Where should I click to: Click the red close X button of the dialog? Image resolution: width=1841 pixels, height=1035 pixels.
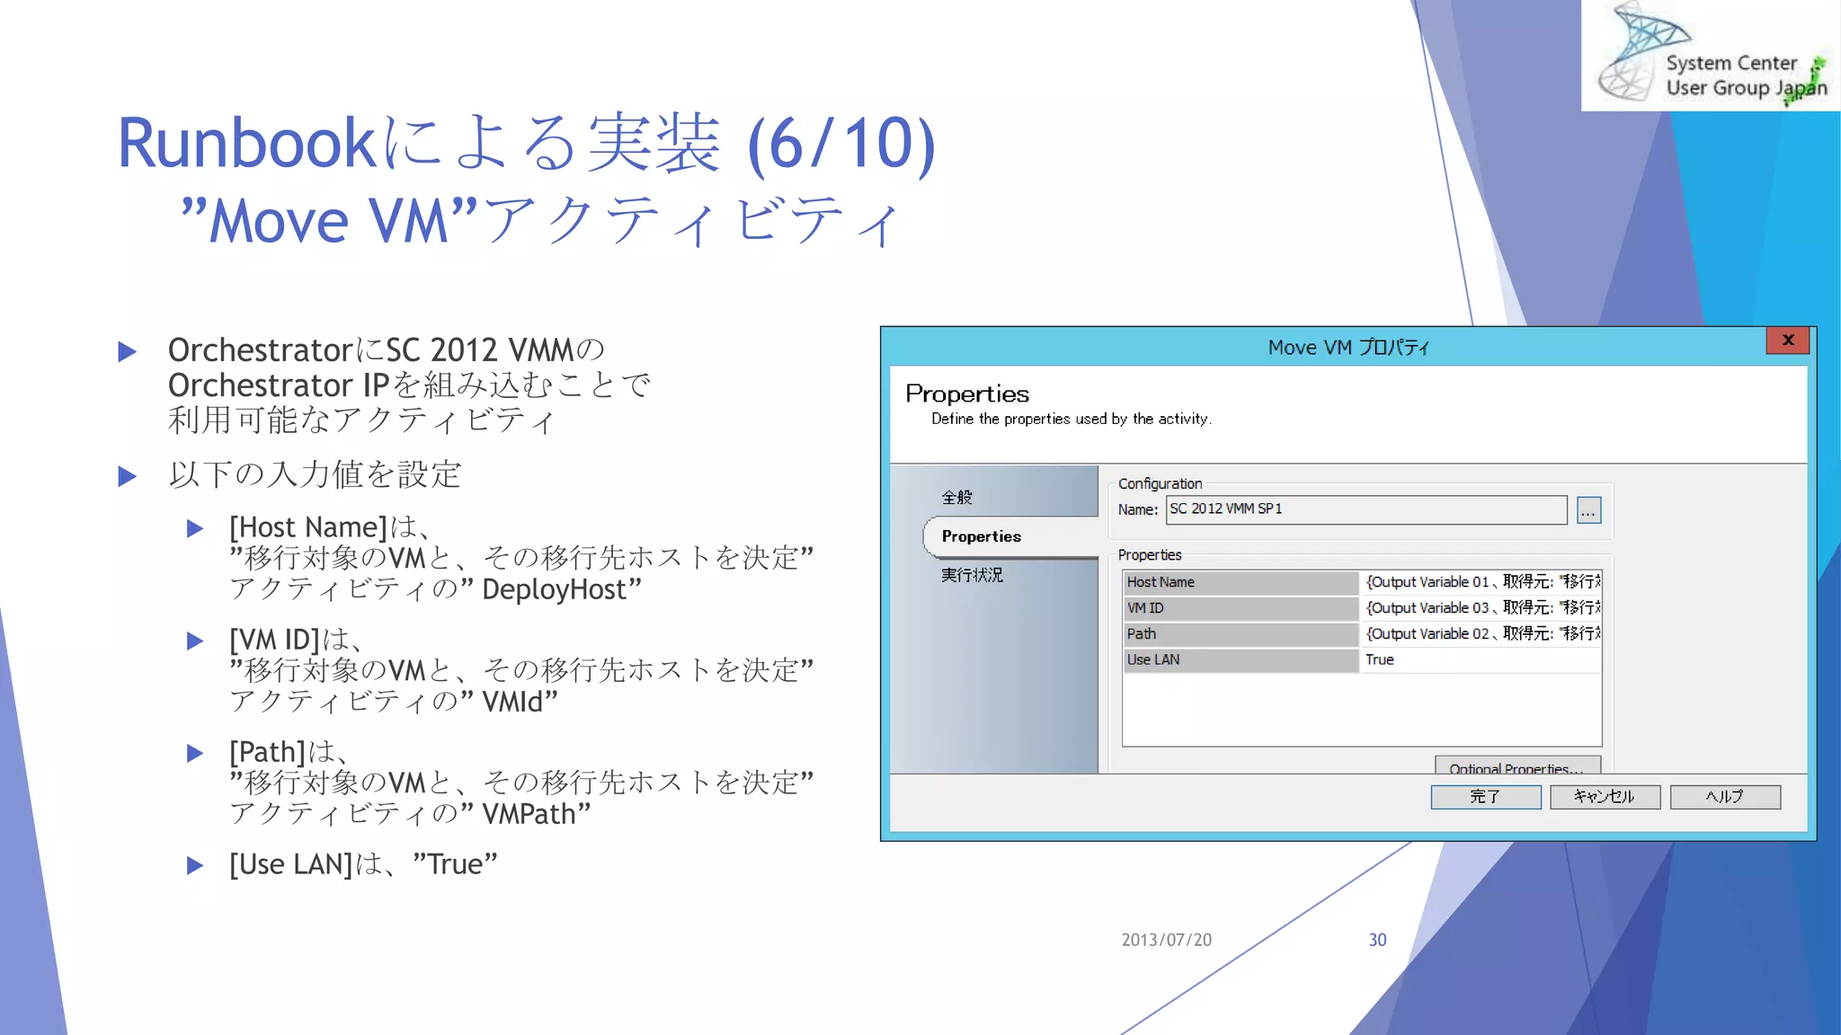coord(1787,340)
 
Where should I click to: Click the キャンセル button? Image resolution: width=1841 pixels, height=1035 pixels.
coord(1605,797)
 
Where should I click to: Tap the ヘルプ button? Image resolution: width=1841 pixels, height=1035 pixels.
coord(1724,797)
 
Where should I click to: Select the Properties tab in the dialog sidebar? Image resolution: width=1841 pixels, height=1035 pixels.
coord(981,536)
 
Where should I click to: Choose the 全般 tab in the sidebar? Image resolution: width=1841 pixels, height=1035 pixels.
coord(956,497)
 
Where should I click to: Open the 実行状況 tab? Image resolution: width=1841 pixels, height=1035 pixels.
coord(972,575)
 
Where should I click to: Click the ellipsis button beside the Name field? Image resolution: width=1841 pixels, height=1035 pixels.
coord(1588,510)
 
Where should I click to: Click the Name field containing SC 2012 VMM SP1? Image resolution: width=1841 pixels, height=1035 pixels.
coord(1365,509)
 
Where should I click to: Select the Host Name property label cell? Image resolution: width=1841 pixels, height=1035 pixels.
coord(1240,582)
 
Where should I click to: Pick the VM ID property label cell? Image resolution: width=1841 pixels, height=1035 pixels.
coord(1240,608)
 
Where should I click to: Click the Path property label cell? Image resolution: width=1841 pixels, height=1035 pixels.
coord(1240,634)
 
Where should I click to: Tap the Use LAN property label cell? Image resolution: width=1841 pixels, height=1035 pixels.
coord(1240,660)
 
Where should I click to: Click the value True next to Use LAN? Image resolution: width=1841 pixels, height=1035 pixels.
coord(1380,660)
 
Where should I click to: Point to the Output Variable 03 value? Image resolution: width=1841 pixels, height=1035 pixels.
coord(1481,608)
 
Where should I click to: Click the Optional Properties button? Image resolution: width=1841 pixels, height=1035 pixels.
coord(1516,766)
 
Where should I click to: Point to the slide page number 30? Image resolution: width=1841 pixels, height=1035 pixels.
coord(1377,940)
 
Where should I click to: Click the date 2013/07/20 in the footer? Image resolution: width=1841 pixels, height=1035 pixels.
coord(1166,940)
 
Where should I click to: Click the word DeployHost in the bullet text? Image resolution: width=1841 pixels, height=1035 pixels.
coord(554,590)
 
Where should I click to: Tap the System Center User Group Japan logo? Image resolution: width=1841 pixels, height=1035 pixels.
coord(1711,56)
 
